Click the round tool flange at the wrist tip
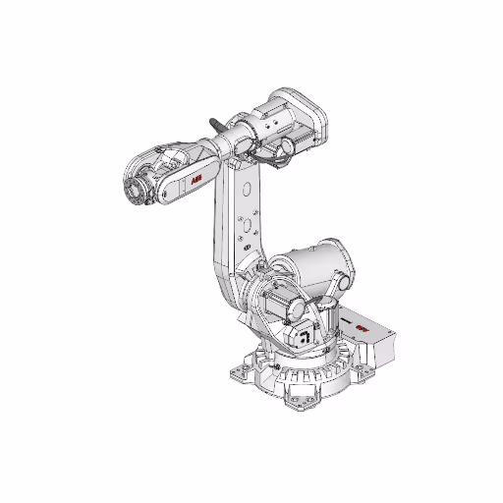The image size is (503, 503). click(132, 190)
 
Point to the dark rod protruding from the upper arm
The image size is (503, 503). click(215, 126)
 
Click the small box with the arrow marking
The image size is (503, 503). click(306, 334)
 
